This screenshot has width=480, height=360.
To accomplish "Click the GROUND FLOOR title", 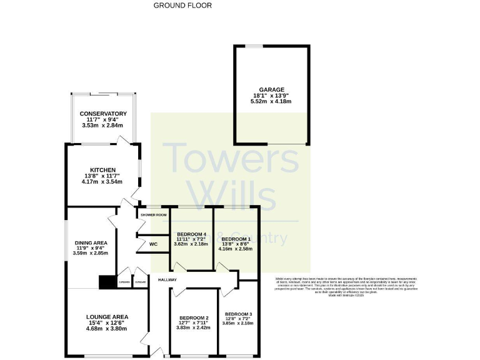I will point(182,5).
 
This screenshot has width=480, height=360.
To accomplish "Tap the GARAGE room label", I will point(272,89).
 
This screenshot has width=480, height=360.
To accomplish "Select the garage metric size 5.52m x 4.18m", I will point(272,101).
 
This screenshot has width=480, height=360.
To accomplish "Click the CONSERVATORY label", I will point(103,114).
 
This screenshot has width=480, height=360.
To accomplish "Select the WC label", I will point(152,244).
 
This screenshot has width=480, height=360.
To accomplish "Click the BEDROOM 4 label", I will point(191,234).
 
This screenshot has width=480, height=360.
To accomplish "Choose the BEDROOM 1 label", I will point(236,239).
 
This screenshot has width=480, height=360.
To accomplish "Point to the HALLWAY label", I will point(167,279).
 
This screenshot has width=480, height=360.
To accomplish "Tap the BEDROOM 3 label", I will point(238,313).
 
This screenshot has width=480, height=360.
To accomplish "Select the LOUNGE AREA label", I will point(107,317).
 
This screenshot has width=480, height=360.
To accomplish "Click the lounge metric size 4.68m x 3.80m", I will point(107,328).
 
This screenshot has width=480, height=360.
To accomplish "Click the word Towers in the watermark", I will point(231,159).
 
